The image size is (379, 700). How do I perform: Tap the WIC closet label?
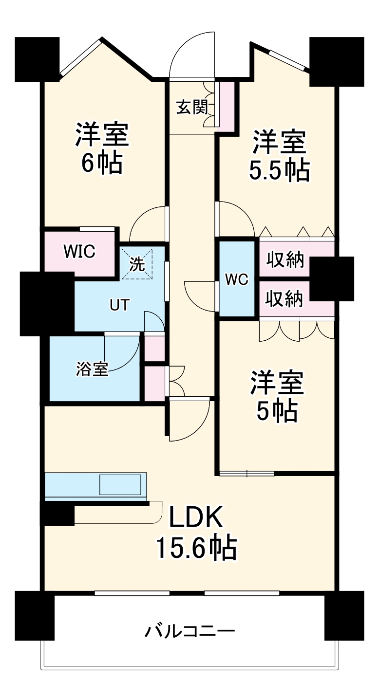(79, 252)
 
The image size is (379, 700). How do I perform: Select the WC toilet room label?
(237, 279)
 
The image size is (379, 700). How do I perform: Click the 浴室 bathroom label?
(92, 368)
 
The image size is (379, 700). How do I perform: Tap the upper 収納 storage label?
(285, 260)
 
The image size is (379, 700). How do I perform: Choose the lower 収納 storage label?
(285, 299)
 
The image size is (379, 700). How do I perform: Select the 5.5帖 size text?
(279, 170)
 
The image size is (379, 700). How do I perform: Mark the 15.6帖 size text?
(196, 548)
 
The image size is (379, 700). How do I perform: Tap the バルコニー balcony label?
(189, 632)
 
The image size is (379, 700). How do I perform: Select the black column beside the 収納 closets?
(332, 278)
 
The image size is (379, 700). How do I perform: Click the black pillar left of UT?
(47, 303)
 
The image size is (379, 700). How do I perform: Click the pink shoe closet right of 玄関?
(226, 106)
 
